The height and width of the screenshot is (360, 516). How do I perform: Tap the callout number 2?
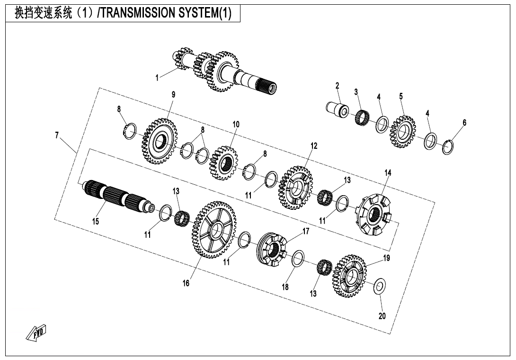tap(338, 86)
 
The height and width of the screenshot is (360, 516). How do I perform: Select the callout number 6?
tap(464, 123)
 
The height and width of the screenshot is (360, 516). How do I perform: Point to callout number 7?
tap(57, 135)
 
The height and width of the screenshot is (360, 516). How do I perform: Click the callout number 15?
tap(96, 222)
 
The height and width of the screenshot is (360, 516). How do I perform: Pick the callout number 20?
tap(382, 316)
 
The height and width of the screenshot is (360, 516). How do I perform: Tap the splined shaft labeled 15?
tap(116, 196)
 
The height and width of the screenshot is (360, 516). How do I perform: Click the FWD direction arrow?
tap(36, 333)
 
